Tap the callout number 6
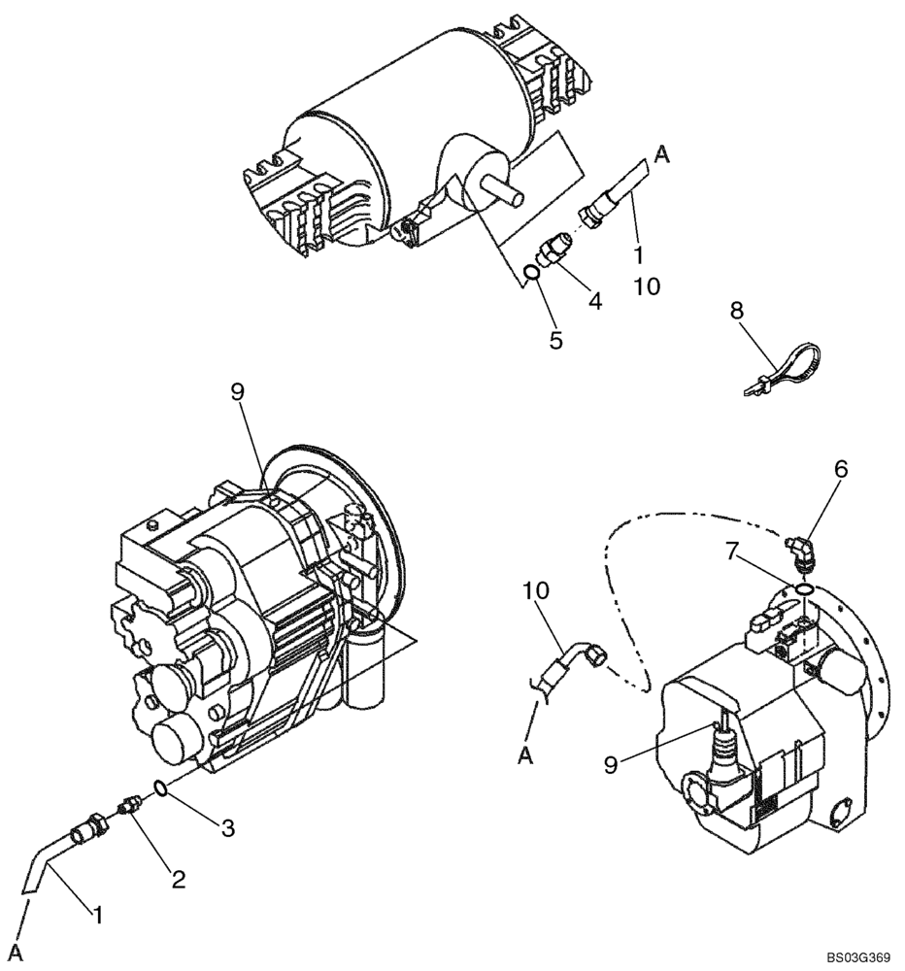click(840, 469)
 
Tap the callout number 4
click(594, 301)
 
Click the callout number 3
click(226, 827)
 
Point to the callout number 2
click(178, 880)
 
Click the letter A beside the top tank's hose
click(662, 152)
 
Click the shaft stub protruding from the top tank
click(503, 194)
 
